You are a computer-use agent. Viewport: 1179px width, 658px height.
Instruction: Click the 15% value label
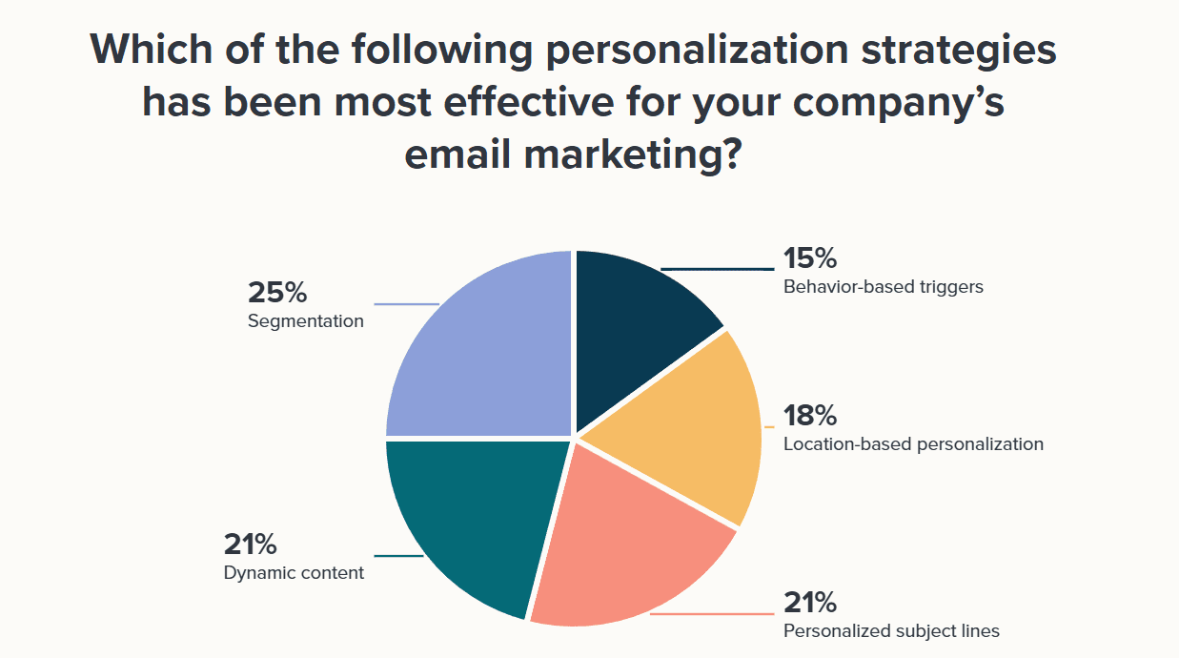click(810, 258)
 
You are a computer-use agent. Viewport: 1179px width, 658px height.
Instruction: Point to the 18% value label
click(810, 416)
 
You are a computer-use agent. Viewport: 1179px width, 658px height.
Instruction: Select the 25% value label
click(276, 293)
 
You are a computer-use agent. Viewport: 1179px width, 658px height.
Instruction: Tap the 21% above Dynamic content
click(251, 545)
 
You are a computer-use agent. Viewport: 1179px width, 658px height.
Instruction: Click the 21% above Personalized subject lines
click(810, 603)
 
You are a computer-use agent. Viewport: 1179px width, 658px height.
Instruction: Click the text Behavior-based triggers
click(883, 286)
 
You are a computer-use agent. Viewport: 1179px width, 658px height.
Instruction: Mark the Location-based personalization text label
click(913, 443)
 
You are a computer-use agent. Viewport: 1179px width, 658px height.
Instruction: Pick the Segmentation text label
click(306, 321)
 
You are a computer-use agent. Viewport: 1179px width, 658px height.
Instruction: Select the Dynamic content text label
click(294, 573)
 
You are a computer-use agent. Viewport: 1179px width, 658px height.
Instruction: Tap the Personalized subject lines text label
click(891, 630)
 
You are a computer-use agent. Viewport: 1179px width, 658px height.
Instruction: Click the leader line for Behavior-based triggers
click(715, 269)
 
